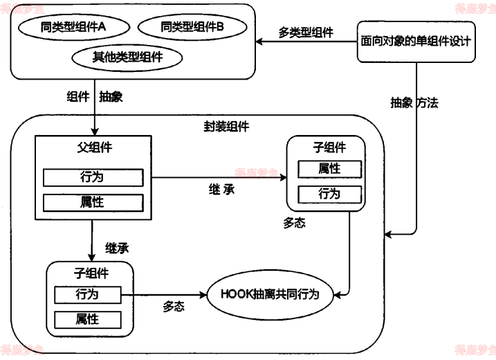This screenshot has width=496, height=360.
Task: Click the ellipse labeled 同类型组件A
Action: (x=73, y=28)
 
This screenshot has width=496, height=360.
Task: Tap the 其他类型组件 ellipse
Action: (x=127, y=57)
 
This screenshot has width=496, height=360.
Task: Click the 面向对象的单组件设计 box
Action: (x=416, y=42)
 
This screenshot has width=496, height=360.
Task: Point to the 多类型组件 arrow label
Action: (x=306, y=33)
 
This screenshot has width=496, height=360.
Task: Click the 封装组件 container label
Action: (x=226, y=127)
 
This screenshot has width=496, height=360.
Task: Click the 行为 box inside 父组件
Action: (x=93, y=177)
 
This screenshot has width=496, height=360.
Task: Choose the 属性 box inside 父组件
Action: (x=93, y=203)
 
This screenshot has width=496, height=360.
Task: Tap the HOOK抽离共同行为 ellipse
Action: (x=269, y=294)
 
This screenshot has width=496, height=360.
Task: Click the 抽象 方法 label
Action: (x=414, y=102)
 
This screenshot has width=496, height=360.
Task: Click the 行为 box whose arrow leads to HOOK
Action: (x=87, y=294)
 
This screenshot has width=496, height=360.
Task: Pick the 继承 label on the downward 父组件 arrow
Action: (x=117, y=247)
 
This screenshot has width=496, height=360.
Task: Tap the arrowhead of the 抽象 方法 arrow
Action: (x=387, y=235)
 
